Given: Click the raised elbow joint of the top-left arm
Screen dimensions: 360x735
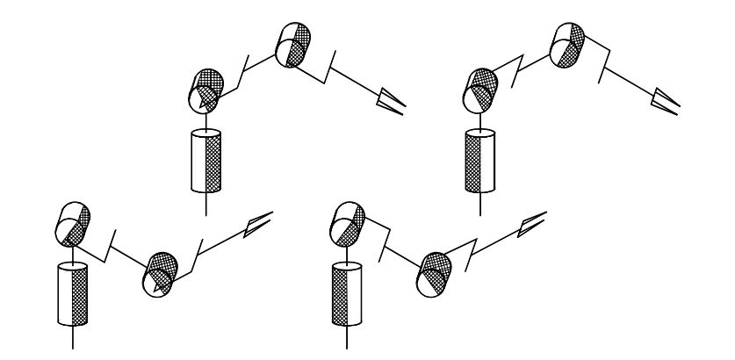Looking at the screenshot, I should click(292, 41).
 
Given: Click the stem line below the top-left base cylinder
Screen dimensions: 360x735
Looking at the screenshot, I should click(205, 203).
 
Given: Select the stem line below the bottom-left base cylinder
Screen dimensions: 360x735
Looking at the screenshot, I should click(71, 338).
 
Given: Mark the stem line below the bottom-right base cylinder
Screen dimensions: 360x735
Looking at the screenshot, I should click(343, 338).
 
